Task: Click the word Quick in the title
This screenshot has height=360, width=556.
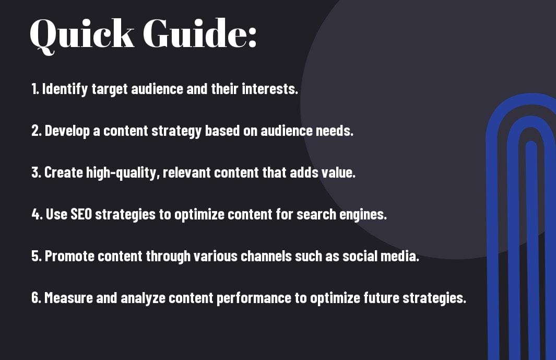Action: tap(82, 34)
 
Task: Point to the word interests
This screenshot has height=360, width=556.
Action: tap(270, 89)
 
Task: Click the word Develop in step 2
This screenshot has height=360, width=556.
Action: tap(67, 131)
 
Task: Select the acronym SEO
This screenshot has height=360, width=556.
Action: tap(81, 214)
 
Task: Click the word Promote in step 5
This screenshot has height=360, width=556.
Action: tap(69, 256)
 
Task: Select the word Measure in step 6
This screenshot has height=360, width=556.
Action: tap(68, 298)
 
